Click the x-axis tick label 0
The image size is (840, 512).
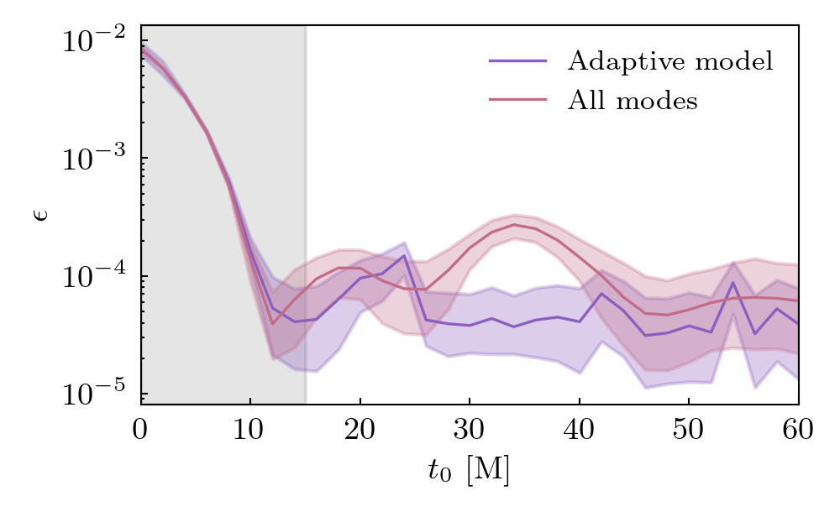coord(140,429)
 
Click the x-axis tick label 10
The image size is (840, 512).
coord(250,429)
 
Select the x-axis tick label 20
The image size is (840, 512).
coord(360,429)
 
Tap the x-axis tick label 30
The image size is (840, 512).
coord(470,429)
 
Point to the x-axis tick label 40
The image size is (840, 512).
coord(579,429)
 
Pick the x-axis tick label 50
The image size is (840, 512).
coord(689,429)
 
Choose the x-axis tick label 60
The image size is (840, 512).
coord(798,429)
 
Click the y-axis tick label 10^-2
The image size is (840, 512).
coord(93,40)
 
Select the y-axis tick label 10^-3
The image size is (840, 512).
coord(93,159)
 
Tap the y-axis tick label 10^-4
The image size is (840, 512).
coord(93,276)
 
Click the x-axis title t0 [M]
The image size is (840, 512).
coord(469,472)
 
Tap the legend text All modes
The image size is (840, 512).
coord(633,101)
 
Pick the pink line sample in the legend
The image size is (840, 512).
coord(517,101)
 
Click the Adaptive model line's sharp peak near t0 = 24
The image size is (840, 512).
coord(404,255)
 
